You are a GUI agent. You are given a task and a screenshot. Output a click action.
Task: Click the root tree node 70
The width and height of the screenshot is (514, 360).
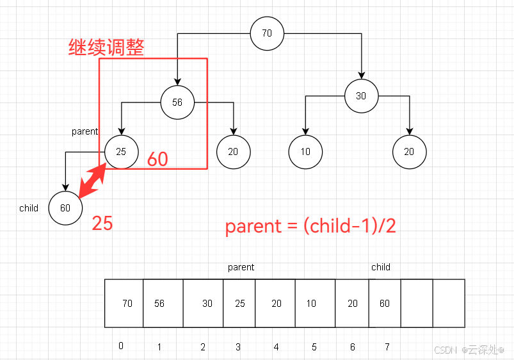tap(267, 33)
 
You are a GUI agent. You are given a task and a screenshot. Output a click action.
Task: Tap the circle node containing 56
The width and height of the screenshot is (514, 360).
tap(177, 102)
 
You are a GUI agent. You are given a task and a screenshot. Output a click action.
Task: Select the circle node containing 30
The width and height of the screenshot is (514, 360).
tap(361, 96)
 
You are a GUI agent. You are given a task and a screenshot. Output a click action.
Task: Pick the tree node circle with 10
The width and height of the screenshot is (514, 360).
tap(305, 152)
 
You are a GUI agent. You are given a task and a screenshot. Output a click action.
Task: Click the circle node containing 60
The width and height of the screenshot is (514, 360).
tap(65, 208)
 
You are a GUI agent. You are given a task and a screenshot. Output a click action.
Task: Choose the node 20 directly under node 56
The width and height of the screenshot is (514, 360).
tap(233, 152)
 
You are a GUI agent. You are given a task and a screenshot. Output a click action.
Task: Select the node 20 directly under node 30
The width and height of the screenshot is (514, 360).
tap(409, 152)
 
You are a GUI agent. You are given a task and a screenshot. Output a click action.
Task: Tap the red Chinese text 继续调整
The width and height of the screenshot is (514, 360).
tap(106, 47)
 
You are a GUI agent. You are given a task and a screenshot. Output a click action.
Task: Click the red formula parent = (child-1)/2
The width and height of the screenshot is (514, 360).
tap(310, 227)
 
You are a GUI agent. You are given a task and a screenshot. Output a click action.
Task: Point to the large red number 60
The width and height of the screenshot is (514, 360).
tap(157, 159)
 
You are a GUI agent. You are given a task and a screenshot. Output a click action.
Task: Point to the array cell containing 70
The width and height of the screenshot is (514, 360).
tap(125, 303)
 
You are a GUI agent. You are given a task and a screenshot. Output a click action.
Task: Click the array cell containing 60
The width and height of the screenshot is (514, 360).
tap(384, 303)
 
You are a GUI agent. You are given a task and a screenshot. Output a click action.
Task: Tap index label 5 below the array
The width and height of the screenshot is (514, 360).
tap(314, 347)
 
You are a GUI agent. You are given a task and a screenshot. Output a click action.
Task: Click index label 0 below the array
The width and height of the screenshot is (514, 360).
tap(121, 346)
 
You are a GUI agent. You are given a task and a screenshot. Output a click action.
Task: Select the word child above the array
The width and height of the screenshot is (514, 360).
tap(381, 267)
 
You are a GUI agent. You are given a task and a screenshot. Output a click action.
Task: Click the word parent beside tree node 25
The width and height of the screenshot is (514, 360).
tap(84, 131)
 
